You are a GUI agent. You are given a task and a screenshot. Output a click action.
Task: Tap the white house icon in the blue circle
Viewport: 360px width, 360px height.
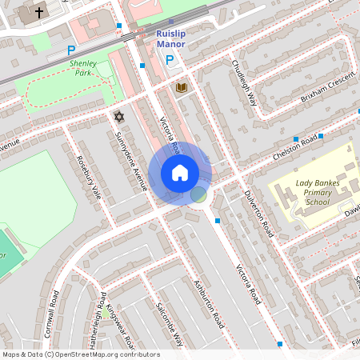(180, 172)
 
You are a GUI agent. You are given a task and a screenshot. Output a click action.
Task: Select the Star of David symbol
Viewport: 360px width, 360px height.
(120, 117)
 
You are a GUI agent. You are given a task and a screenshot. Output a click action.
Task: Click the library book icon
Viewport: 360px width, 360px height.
(182, 86)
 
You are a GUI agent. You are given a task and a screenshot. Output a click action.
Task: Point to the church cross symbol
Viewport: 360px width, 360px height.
(40, 12)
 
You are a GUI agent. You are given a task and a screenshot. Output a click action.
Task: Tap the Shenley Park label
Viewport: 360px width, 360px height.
(82, 67)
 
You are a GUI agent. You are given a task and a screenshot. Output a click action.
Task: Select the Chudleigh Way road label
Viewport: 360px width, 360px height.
(243, 83)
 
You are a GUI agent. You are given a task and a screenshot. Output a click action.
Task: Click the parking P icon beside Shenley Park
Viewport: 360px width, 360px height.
(70, 49)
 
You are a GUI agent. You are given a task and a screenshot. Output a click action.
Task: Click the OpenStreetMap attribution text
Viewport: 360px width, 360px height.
(80, 354)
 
